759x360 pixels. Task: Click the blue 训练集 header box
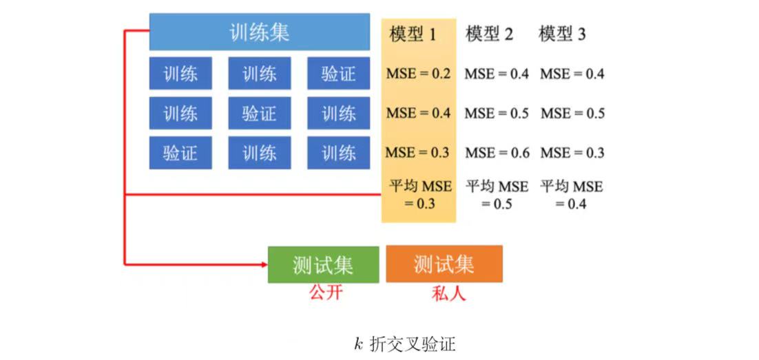click(x=259, y=32)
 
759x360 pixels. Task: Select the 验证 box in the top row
click(x=338, y=74)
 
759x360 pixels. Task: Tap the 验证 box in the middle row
click(x=259, y=114)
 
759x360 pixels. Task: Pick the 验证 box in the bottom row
click(x=180, y=153)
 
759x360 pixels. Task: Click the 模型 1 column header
click(x=413, y=34)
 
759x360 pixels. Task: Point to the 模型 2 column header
click(x=489, y=34)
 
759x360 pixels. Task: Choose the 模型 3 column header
click(x=562, y=34)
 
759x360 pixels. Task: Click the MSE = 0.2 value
click(x=418, y=74)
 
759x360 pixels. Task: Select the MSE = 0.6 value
click(x=497, y=153)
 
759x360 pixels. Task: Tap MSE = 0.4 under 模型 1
click(x=418, y=113)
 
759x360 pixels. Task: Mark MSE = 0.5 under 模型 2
click(x=497, y=113)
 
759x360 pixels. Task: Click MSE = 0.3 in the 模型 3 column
click(x=572, y=153)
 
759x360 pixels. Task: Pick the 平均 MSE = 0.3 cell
click(x=419, y=195)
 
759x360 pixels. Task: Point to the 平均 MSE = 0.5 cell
click(x=497, y=195)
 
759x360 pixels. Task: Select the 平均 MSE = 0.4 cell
click(x=572, y=195)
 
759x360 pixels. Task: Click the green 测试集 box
click(x=323, y=264)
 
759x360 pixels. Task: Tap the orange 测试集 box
click(x=444, y=264)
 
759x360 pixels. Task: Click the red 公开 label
click(x=326, y=293)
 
